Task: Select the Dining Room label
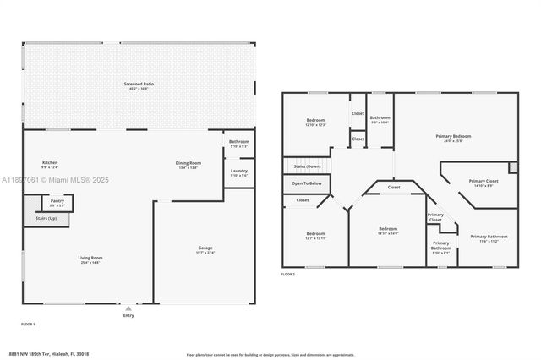pyautogui.click(x=188, y=164)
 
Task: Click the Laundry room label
pyautogui.click(x=238, y=172)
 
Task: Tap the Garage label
pyautogui.click(x=205, y=249)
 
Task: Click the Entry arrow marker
pyautogui.click(x=128, y=309)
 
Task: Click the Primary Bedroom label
pyautogui.click(x=453, y=138)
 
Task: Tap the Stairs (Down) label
pyautogui.click(x=306, y=167)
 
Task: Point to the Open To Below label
pyautogui.click(x=306, y=183)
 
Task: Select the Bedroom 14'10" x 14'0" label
pyautogui.click(x=388, y=231)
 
